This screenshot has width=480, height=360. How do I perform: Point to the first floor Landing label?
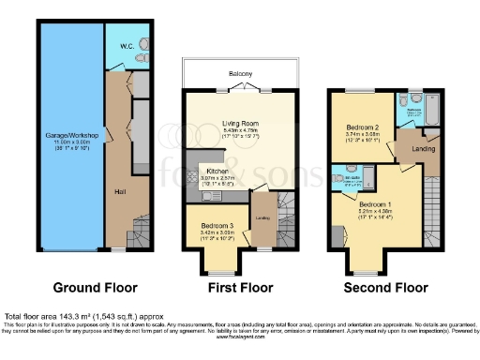263,218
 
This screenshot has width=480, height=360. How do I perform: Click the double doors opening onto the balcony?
247,87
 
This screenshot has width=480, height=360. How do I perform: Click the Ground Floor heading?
95,287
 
